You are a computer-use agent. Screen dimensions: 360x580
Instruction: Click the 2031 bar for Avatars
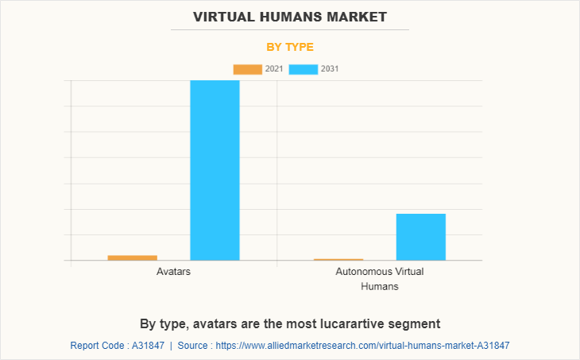tap(215, 170)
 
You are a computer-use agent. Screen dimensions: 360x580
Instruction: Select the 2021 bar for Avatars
tap(132, 257)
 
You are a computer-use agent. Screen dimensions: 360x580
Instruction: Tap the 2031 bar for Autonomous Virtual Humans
tap(420, 237)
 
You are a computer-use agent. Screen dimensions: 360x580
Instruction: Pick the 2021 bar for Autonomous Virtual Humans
tap(338, 259)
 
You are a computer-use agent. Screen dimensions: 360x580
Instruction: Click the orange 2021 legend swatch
tap(247, 69)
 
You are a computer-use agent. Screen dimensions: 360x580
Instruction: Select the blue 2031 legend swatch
tap(304, 69)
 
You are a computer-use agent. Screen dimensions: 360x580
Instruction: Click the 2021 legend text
tap(273, 69)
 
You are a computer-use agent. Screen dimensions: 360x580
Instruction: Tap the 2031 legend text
tap(330, 69)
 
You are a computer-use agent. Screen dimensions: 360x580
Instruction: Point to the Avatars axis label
tap(173, 272)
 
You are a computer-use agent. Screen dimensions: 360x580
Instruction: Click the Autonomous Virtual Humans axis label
tap(380, 278)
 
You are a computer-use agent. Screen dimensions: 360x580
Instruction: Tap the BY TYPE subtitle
tap(290, 47)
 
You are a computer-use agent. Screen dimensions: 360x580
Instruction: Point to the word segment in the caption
tap(416, 323)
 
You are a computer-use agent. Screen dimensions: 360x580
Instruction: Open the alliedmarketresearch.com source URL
tap(362, 346)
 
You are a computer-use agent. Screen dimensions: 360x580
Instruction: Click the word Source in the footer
tap(193, 346)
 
